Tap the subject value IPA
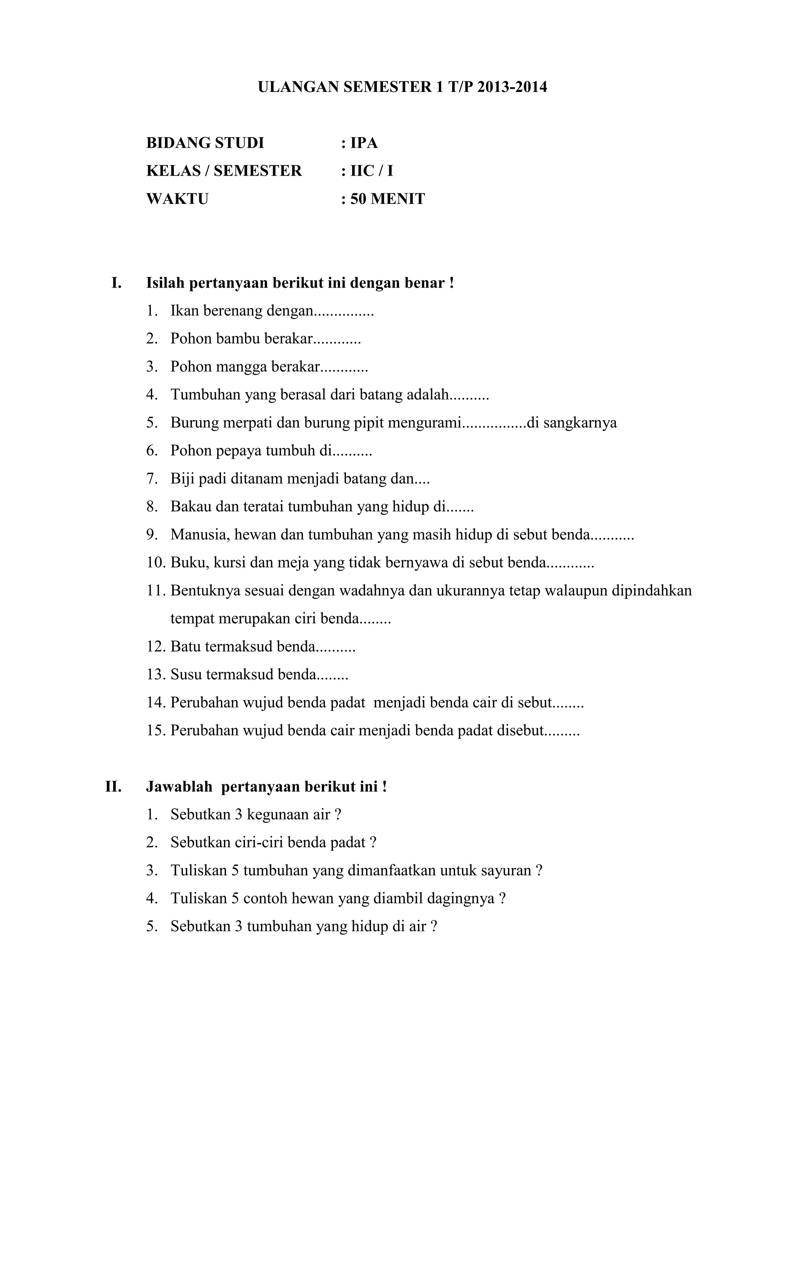click(364, 143)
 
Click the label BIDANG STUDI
click(205, 143)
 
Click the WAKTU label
click(177, 199)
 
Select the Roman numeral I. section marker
click(116, 283)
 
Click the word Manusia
click(200, 535)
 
